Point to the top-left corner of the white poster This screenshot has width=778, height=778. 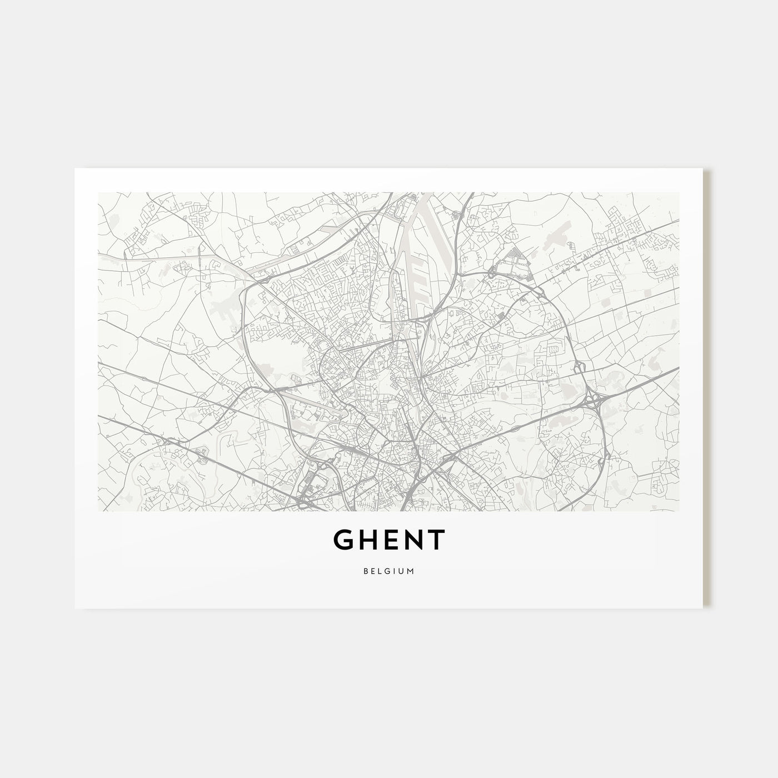75,168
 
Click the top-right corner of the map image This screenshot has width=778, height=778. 679,192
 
